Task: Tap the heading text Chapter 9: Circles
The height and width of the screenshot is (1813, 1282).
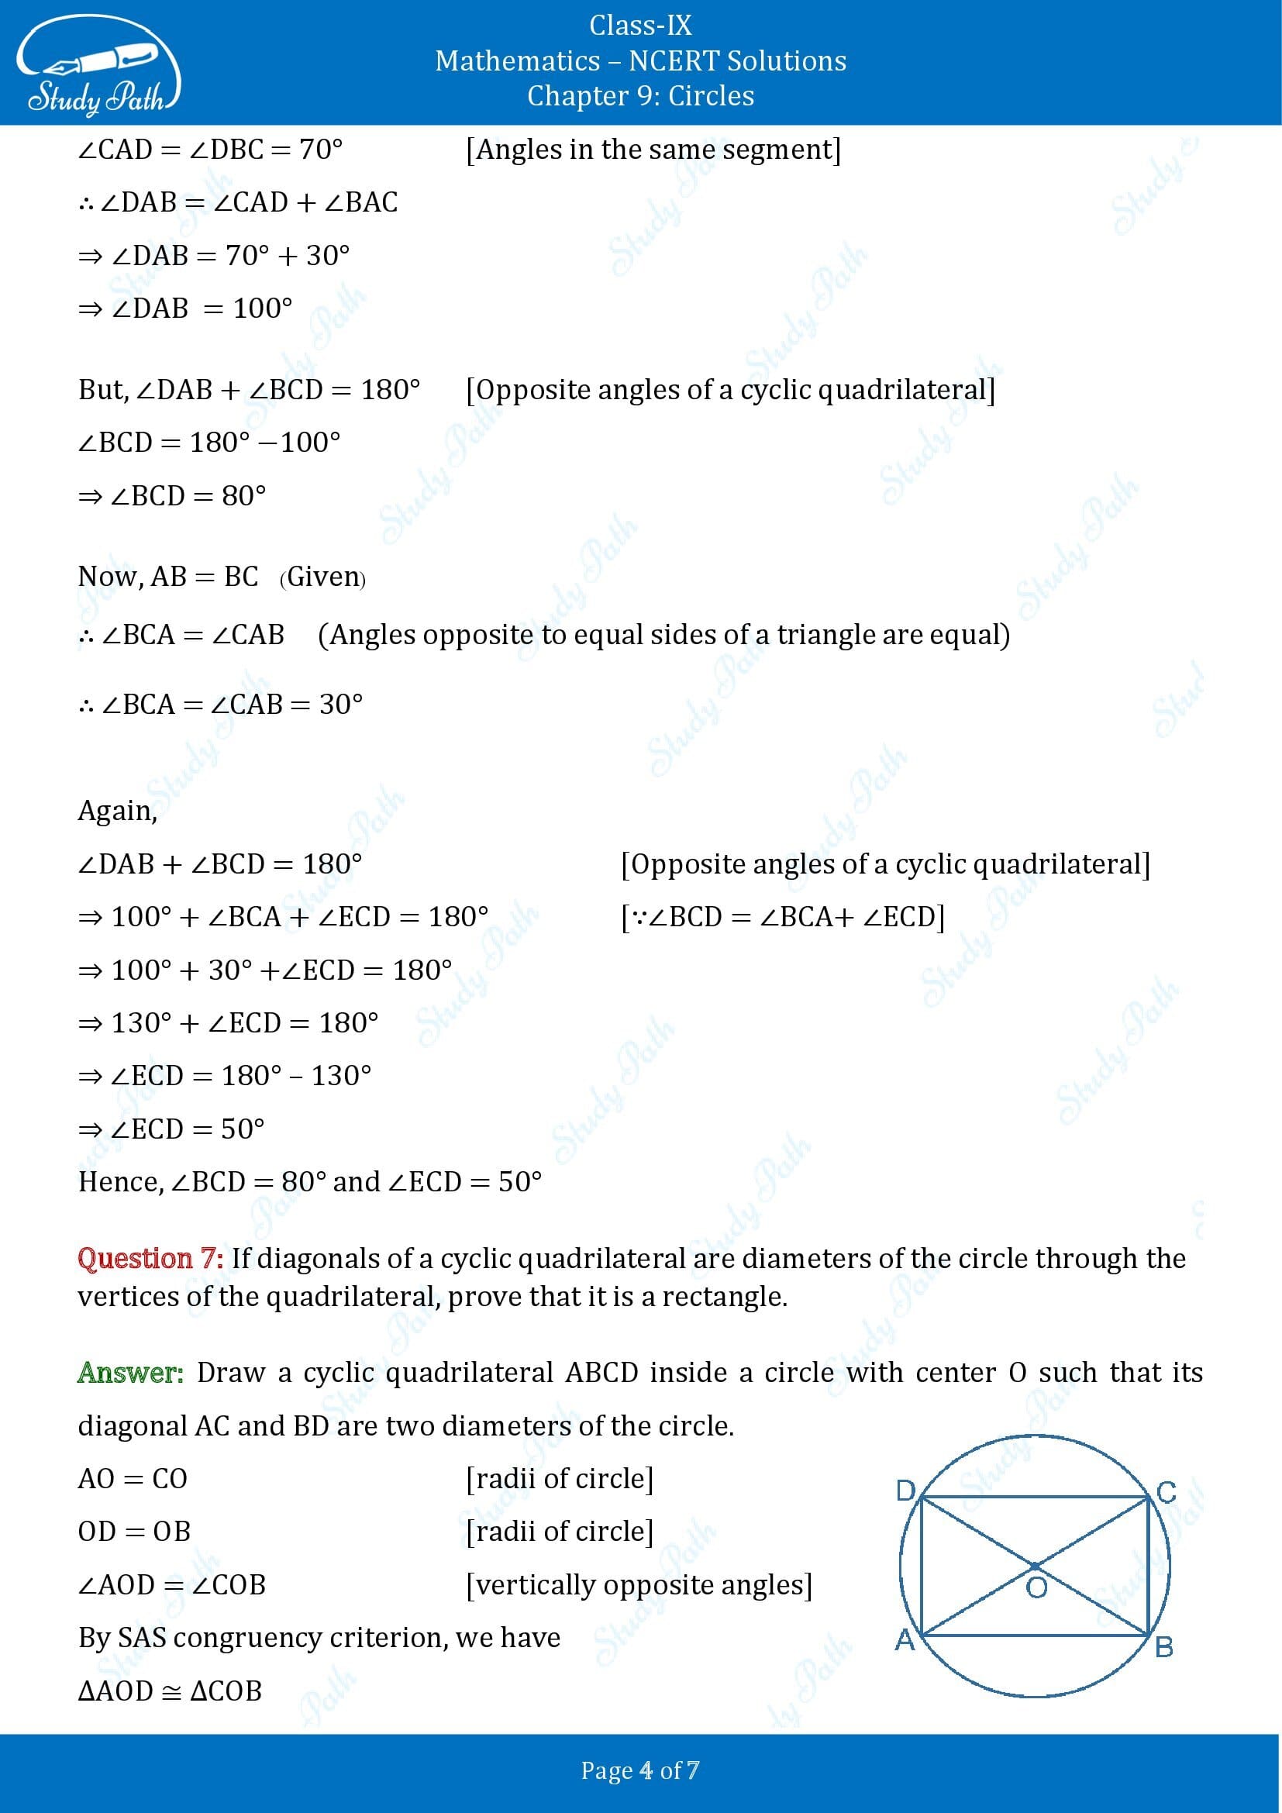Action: tap(640, 96)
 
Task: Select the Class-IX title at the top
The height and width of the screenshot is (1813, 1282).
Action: tap(640, 26)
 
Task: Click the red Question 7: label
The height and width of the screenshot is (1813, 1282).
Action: tap(150, 1258)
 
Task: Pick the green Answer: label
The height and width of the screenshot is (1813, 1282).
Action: tap(130, 1373)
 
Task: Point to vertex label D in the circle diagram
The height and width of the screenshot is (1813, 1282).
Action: tap(905, 1490)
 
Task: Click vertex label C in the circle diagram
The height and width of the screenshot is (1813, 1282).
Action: tap(1166, 1492)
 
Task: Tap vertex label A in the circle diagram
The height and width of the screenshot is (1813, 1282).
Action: tap(905, 1640)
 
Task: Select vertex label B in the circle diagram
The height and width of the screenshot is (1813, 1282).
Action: tap(1163, 1647)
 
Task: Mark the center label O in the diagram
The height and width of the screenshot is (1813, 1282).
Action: tap(1036, 1587)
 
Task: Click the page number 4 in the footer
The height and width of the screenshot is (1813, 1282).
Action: tap(646, 1770)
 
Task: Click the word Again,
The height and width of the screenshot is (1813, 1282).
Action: tap(118, 811)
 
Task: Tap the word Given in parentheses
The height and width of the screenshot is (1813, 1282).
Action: tap(323, 577)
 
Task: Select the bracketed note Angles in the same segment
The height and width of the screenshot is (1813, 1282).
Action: tap(653, 150)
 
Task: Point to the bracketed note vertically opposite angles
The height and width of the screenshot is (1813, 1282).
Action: tap(639, 1585)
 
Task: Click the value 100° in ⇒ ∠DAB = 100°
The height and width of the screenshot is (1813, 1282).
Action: tap(263, 308)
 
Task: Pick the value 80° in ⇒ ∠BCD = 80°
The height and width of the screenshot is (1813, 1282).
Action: tap(244, 496)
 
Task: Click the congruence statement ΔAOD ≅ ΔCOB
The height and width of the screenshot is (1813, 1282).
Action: tap(171, 1691)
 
